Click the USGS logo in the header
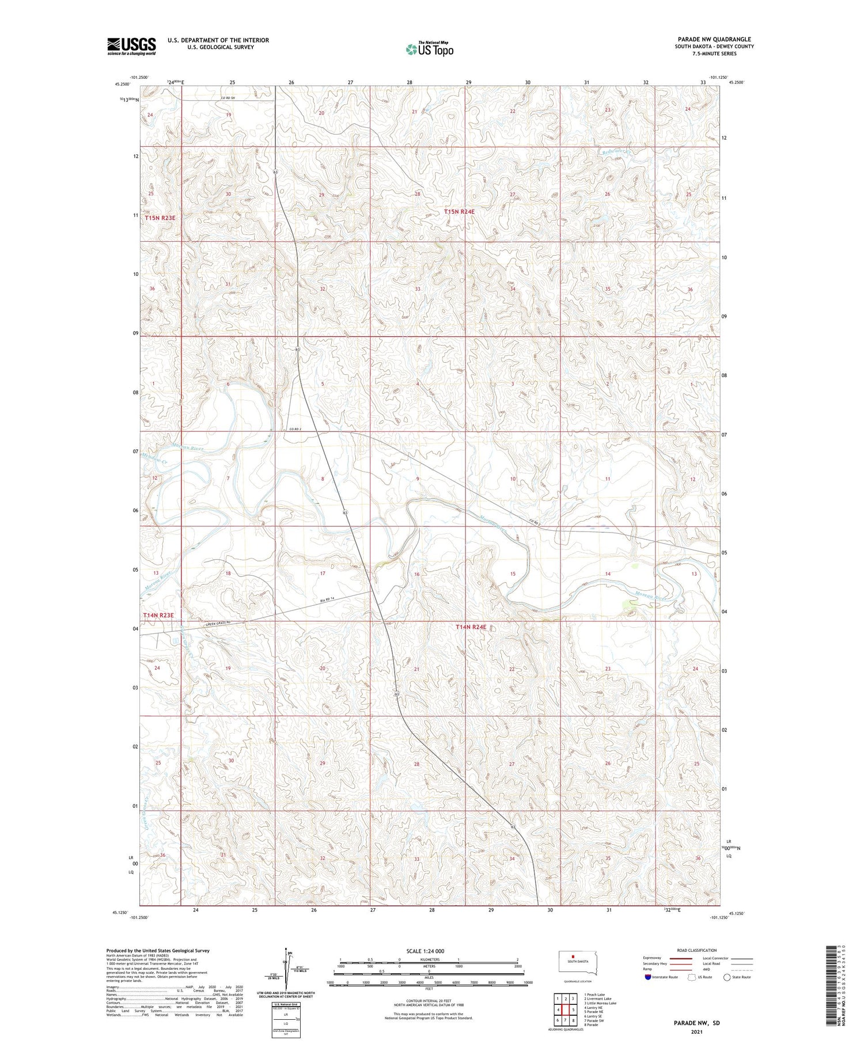coord(131,46)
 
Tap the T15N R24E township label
coord(459,212)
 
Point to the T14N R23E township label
coord(158,616)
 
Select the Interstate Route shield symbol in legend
coord(648,977)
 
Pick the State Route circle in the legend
coord(727,977)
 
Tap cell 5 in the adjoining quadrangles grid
coord(573,1009)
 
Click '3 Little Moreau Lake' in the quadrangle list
coord(600,1003)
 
